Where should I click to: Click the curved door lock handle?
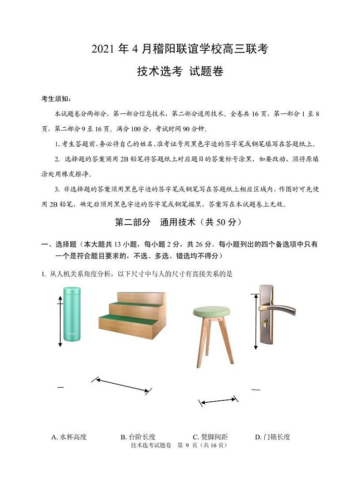[281, 310]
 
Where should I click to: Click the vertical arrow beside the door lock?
[256, 321]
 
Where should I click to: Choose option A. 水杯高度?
[69, 437]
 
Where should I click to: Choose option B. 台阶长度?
[138, 437]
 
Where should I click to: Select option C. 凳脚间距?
[210, 437]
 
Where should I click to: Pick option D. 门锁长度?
[272, 437]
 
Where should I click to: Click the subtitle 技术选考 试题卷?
[180, 72]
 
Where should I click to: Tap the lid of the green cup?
[72, 290]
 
